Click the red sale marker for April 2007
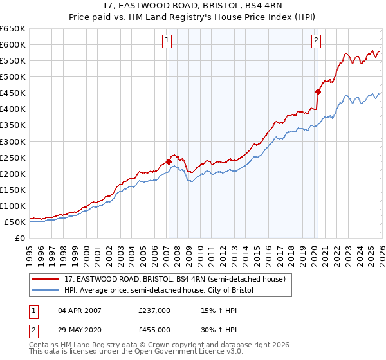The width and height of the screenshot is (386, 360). tap(169, 161)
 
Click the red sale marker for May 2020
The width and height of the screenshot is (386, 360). tap(318, 91)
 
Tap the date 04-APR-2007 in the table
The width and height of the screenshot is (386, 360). tap(80, 310)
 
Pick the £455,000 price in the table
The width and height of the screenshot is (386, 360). tap(154, 329)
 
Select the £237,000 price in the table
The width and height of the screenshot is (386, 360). tap(154, 310)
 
